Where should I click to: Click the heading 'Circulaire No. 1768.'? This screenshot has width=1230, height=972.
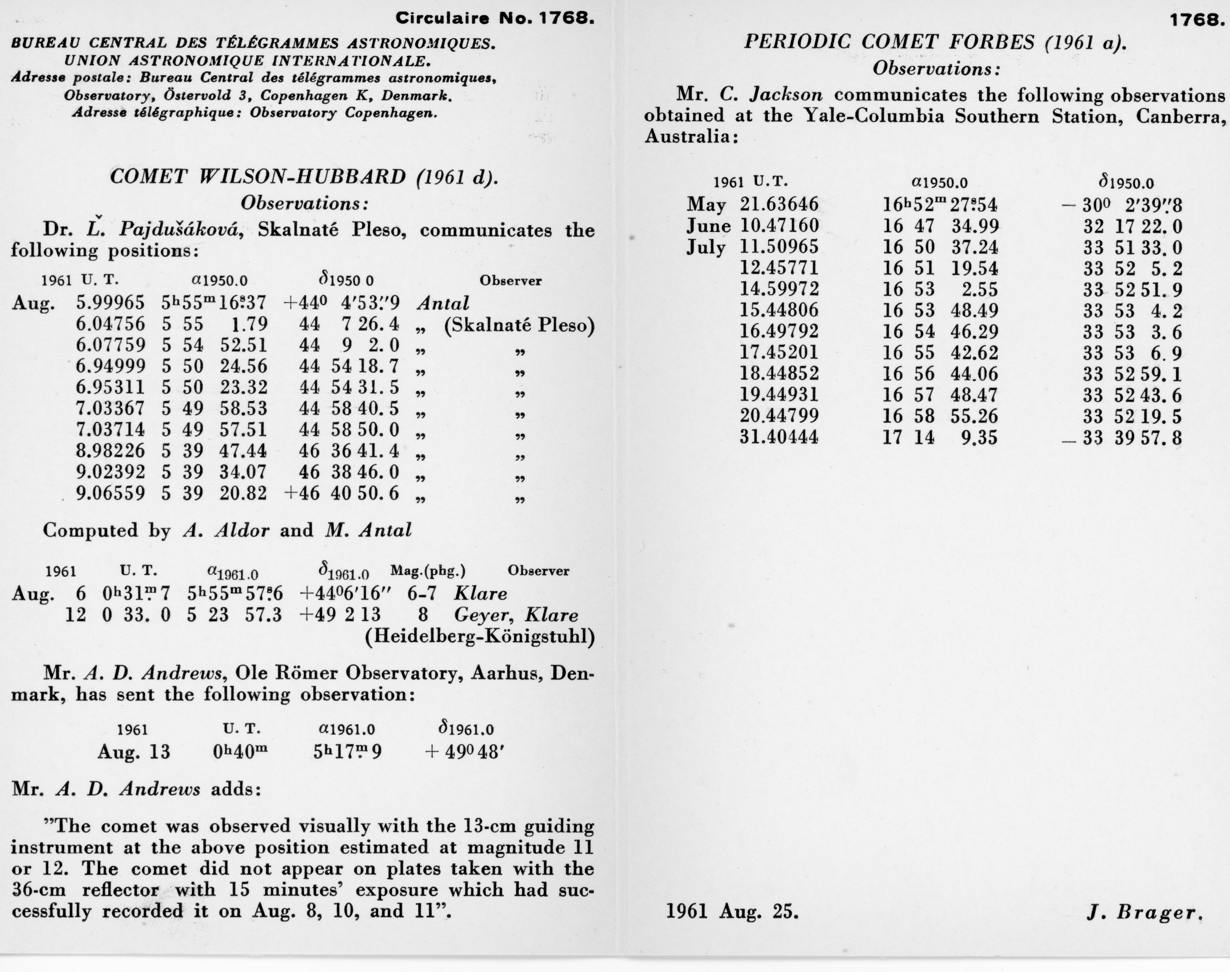pyautogui.click(x=495, y=19)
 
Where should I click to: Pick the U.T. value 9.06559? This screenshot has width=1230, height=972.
pyautogui.click(x=110, y=493)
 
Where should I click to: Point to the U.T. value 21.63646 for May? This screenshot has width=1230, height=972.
pyautogui.click(x=779, y=204)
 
